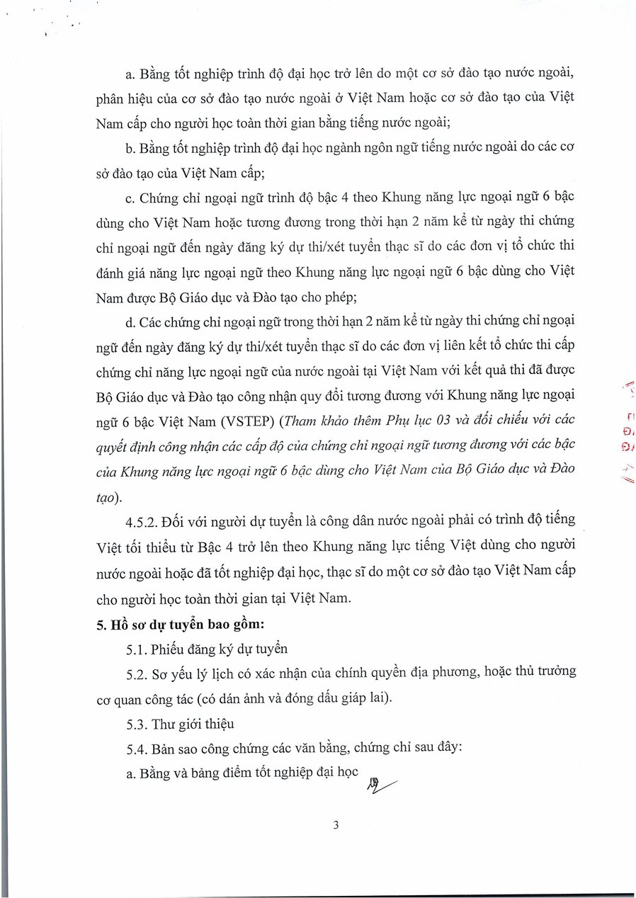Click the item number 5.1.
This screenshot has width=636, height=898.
pos(135,649)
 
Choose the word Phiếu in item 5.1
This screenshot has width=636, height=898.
pos(166,649)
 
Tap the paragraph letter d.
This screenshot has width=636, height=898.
pos(129,321)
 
